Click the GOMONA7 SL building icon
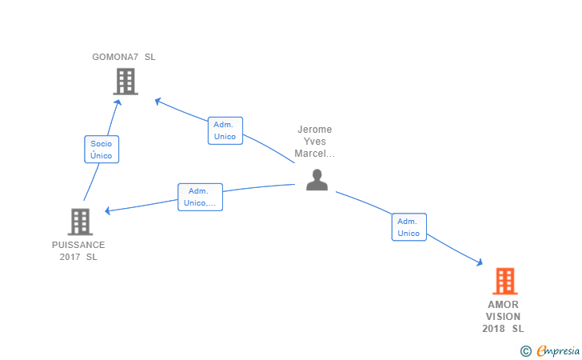pos(126,82)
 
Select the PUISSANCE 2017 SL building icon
pos(80,222)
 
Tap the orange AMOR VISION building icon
pos(505,281)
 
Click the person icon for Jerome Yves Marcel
pos(317,180)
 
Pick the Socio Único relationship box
pos(102,150)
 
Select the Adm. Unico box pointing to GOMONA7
pos(225,130)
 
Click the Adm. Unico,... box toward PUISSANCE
pos(200,197)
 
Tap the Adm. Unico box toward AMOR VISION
pos(409,227)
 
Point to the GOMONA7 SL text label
pos(124,57)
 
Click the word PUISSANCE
pos(78,245)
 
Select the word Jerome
pos(315,130)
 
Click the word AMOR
pos(503,305)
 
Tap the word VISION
pos(503,317)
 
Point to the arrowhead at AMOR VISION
pos(480,262)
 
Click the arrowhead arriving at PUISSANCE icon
pos(108,210)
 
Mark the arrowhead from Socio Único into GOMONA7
pos(118,102)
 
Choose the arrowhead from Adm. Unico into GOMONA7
pos(157,101)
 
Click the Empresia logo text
pos(558,350)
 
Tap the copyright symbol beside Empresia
pos(525,351)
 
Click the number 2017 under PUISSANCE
pos(70,257)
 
